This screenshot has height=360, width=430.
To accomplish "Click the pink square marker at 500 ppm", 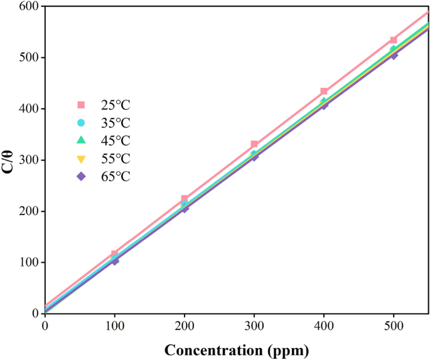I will [394, 40].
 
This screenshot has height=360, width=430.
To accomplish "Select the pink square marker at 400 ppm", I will [324, 92].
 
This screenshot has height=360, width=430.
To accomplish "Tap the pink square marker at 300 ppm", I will [254, 144].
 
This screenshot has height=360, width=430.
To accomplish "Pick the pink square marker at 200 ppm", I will [185, 198].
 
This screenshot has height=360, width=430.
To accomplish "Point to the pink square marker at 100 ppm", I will [115, 254].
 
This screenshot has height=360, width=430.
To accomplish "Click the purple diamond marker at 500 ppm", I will [394, 56].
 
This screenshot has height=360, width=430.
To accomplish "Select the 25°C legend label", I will [116, 105].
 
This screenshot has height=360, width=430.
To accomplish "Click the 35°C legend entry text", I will [116, 123].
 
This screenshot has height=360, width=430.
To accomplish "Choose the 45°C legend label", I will [116, 140].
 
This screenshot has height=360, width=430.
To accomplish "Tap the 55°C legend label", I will [116, 159].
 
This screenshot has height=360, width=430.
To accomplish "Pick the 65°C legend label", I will [116, 177].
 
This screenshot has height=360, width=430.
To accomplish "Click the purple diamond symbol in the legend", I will [81, 177].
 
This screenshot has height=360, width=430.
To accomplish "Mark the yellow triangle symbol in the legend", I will [81, 159].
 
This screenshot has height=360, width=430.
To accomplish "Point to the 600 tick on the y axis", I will [28, 6].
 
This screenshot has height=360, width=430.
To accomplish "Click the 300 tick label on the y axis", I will [28, 160].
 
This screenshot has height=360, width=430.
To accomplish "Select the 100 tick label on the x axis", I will [114, 326].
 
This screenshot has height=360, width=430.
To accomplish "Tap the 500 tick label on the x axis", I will [394, 326].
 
